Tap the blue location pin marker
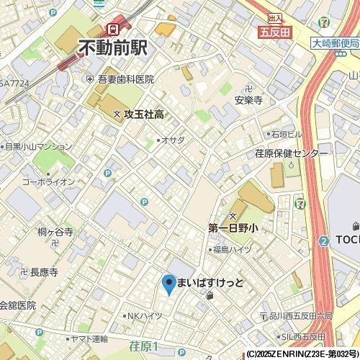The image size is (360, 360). (x=168, y=284)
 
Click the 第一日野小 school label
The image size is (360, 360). (x=233, y=228)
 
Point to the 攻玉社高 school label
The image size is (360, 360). (x=144, y=114)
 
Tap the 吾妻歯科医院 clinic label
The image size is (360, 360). (x=125, y=79)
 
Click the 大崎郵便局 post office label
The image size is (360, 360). (x=335, y=43)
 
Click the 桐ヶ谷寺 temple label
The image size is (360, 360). (x=55, y=232)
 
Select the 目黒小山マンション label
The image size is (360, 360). (x=39, y=146)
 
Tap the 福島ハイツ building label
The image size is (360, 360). (x=231, y=249)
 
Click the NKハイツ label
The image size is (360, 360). (x=144, y=315)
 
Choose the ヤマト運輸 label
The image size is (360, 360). (x=89, y=338)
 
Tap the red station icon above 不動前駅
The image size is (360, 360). (x=112, y=29)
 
